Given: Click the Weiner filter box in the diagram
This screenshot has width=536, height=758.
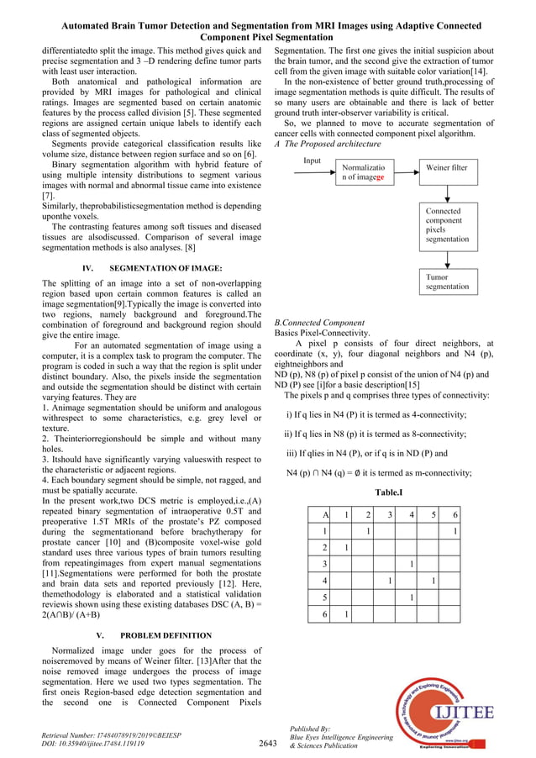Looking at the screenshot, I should pos(447,167).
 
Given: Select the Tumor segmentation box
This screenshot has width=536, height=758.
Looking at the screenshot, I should pos(447,282).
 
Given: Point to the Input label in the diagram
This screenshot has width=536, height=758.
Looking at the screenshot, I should pos(313,160).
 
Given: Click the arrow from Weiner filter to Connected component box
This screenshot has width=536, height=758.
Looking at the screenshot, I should pos(447,190).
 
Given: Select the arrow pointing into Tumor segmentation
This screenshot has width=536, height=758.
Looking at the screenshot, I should pos(447,259).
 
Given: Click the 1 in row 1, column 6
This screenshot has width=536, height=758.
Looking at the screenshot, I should pos(455,532).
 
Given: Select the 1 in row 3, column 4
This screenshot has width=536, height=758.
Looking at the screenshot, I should pos(411,564).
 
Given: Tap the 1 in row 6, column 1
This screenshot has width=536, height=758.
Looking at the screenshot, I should pos(345,614).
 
